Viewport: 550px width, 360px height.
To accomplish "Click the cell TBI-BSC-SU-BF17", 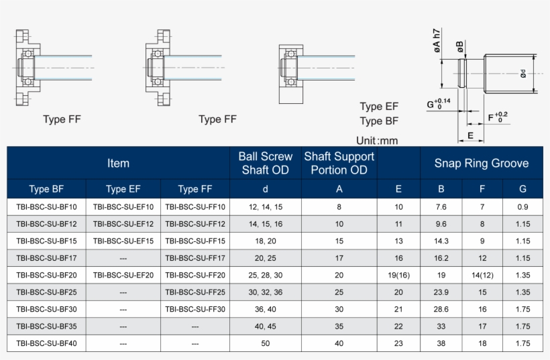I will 46,258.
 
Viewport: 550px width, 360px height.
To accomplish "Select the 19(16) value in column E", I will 398,276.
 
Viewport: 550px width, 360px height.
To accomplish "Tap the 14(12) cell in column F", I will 482,276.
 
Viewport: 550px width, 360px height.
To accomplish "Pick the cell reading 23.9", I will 441,292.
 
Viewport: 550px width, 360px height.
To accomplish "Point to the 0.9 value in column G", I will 522,207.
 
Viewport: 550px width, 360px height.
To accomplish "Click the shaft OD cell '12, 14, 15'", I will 266,207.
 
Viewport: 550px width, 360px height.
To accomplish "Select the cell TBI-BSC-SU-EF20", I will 123,276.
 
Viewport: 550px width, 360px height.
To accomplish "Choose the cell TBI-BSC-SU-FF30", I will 195,309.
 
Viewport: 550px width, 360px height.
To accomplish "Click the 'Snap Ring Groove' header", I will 481,163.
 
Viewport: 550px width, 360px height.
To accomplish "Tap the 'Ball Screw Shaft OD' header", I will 266,163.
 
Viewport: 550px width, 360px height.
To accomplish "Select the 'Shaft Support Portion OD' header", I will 339,163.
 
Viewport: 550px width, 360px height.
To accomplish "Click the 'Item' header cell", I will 118,163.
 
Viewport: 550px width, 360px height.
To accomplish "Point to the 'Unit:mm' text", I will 377,141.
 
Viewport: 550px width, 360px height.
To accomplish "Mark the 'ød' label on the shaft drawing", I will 522,74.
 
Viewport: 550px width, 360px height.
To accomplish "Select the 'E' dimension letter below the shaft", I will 471,135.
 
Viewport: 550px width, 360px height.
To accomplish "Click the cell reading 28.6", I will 441,309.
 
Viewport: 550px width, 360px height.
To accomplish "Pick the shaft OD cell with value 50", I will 266,343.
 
